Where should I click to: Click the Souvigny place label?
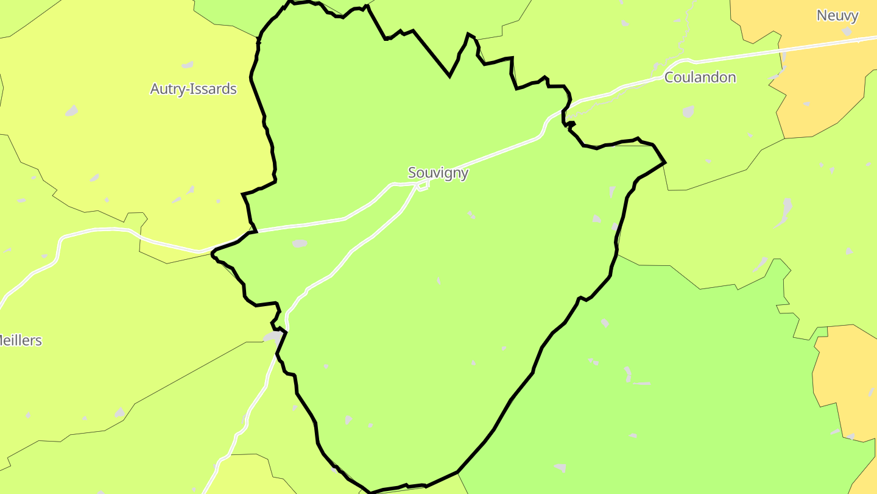438,173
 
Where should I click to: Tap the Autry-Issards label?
193,89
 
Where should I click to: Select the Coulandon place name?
700,77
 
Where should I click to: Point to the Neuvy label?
837,16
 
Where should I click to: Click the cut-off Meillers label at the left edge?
21,340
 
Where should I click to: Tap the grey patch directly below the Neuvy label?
847,30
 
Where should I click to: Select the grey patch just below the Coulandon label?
688,112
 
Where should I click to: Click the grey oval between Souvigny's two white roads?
299,243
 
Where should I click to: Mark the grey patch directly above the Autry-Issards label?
187,65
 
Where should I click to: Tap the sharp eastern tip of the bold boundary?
664,162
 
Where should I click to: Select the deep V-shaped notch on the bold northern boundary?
449,76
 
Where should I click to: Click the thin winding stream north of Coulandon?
682,37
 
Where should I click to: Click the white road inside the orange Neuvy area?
822,44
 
